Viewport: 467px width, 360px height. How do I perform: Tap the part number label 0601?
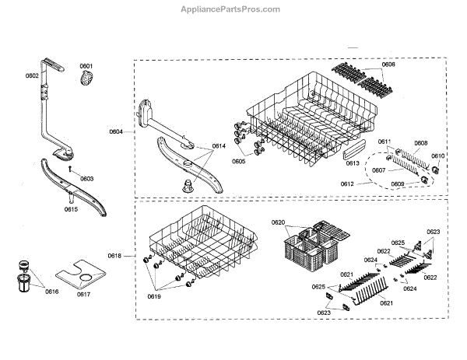(x=86, y=65)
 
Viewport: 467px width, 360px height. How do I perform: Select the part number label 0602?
(x=32, y=75)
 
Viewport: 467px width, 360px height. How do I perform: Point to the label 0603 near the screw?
(x=86, y=179)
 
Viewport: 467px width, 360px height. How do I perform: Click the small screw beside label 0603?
(x=69, y=168)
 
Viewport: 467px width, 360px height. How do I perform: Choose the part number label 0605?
(x=238, y=161)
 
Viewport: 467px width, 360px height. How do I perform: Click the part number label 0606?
(x=388, y=65)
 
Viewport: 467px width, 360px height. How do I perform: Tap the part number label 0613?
(x=353, y=164)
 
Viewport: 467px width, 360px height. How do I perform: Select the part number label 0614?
(x=218, y=146)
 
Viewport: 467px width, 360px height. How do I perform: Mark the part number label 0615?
(x=70, y=209)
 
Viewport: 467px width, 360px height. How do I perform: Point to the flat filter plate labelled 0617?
(x=81, y=276)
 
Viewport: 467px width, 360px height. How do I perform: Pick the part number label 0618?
(x=114, y=256)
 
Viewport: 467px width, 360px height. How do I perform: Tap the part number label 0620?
(x=278, y=223)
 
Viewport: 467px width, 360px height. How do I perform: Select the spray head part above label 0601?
(x=86, y=78)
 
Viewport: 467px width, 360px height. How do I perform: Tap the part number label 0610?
(x=437, y=156)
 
